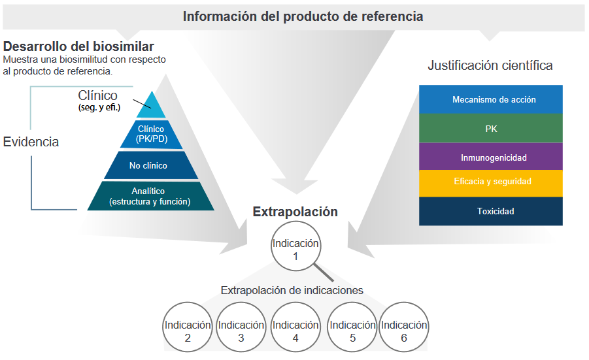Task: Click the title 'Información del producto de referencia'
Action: (303, 16)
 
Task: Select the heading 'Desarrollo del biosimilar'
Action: (78, 47)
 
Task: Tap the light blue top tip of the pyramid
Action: (152, 105)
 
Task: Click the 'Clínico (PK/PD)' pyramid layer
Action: (152, 134)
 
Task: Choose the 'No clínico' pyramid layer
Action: (148, 165)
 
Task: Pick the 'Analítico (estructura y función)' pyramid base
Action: (150, 197)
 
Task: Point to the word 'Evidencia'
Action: (31, 142)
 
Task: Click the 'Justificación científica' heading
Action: (490, 65)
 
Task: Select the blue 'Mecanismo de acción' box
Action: (491, 99)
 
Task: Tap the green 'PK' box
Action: (491, 129)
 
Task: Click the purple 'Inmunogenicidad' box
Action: (491, 157)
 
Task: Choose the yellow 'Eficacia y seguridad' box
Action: (491, 182)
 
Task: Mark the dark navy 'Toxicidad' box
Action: (491, 211)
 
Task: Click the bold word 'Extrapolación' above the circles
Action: (295, 212)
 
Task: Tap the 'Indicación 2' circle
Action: (188, 331)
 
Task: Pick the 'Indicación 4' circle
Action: (295, 331)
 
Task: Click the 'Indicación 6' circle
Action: (404, 331)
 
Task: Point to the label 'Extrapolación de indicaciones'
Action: (292, 290)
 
